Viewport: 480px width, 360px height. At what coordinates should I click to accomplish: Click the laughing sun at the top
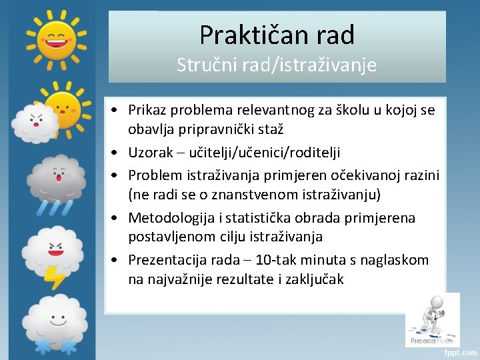click(x=56, y=37)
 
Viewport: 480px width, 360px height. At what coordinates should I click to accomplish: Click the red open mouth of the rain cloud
click(x=59, y=178)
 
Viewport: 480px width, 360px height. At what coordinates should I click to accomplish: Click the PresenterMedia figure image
click(x=432, y=319)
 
